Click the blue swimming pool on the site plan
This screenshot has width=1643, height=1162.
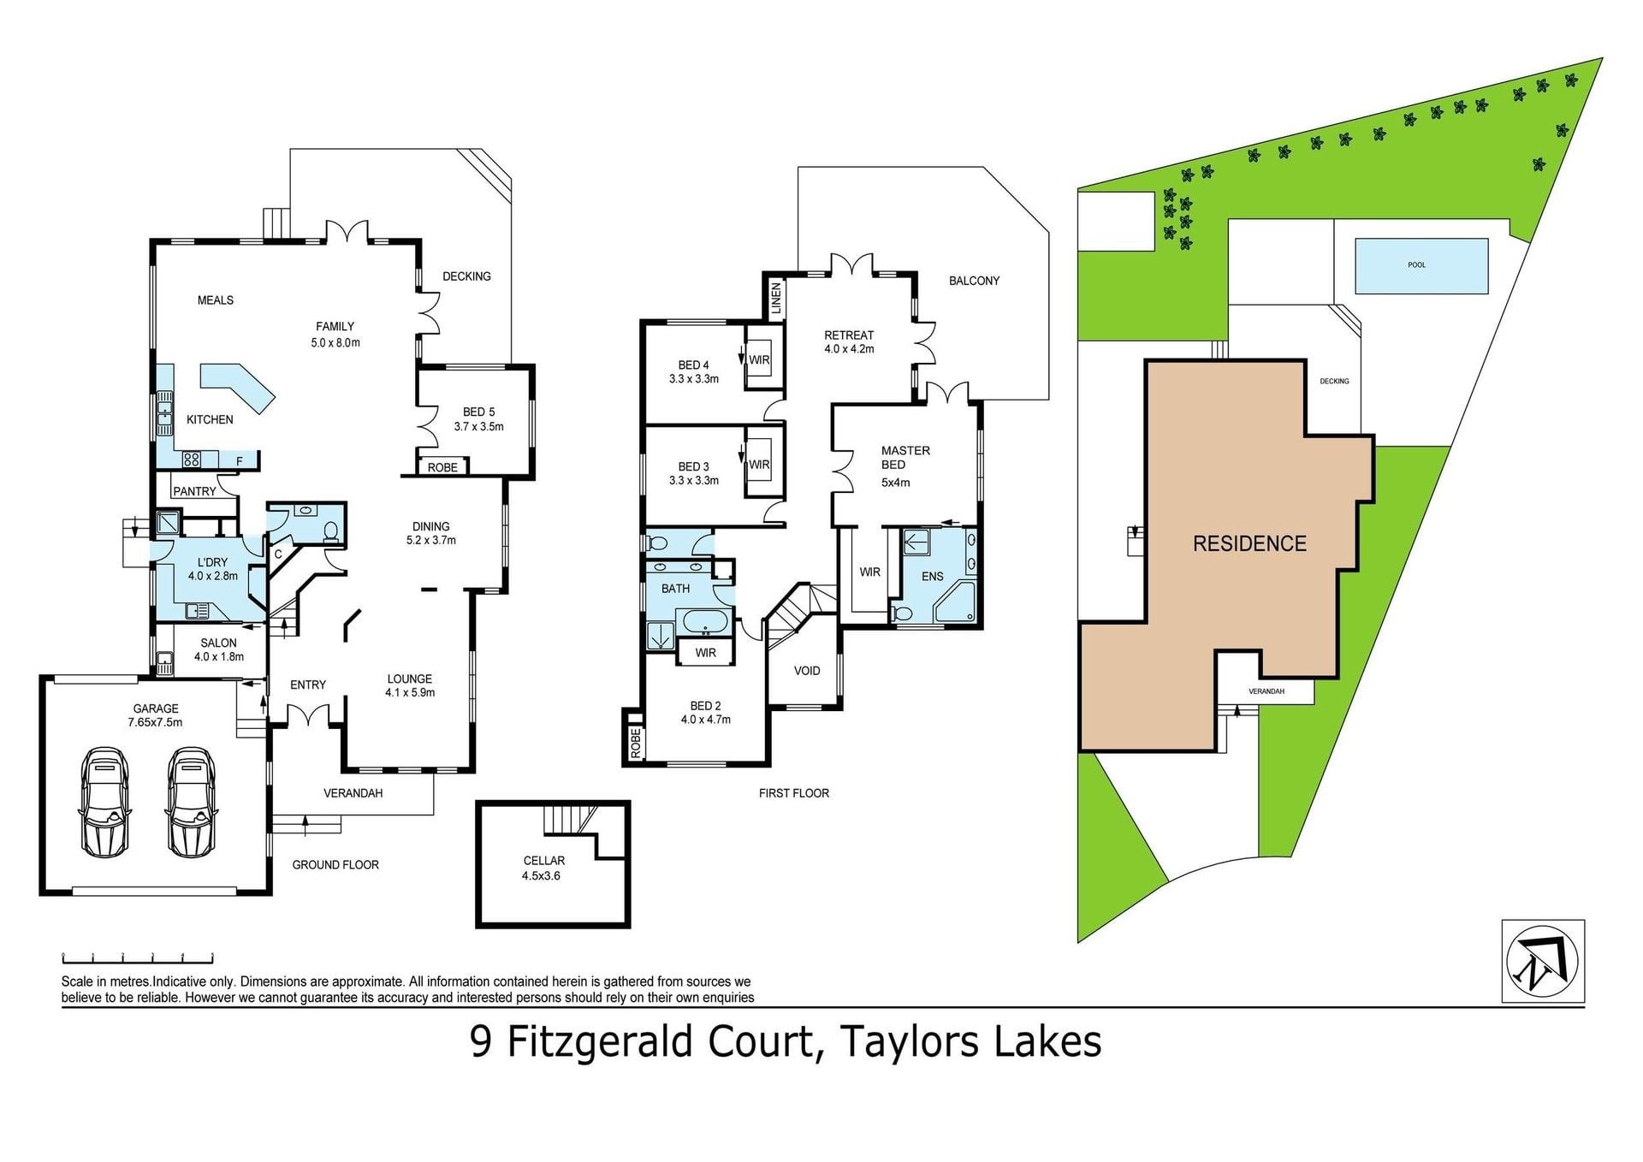[1421, 265]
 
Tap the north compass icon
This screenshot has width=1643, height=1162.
[1543, 961]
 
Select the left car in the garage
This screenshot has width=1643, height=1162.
[104, 802]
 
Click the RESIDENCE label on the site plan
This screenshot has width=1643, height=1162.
[1249, 543]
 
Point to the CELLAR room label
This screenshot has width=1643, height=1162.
[544, 861]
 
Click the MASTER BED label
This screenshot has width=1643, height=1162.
[905, 458]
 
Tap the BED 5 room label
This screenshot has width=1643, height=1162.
[479, 412]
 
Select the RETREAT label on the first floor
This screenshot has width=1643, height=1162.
[849, 335]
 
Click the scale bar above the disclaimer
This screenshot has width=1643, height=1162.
[137, 957]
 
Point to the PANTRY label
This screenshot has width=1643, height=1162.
[194, 492]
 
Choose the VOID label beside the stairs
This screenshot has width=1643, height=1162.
[807, 671]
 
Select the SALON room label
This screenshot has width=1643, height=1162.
[218, 643]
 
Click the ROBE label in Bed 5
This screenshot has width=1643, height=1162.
[442, 468]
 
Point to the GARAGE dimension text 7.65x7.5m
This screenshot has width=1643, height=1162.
[155, 722]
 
